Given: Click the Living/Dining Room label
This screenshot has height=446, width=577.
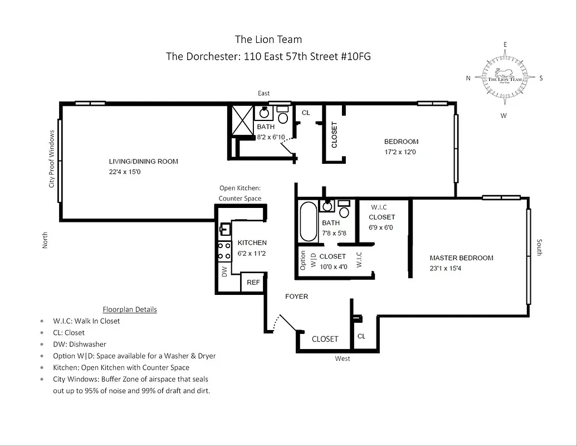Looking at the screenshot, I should tap(143, 162).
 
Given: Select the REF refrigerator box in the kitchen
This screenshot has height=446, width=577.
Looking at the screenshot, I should tap(253, 283).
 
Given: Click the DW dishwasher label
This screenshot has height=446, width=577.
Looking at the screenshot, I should tap(224, 272).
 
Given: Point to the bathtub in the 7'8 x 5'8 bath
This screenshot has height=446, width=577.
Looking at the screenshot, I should tap(307, 221).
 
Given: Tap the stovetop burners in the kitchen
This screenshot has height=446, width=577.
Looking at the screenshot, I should tap(224, 251).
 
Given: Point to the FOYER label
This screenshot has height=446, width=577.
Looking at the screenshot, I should tap(296, 297).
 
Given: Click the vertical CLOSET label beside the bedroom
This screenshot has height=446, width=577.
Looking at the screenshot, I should tap(334, 135).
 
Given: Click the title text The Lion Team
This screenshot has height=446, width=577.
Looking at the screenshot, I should tap(268, 39).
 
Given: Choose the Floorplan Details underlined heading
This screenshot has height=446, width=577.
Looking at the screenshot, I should tap(130, 309).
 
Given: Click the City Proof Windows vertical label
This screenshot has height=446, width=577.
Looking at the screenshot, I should tap(52, 159).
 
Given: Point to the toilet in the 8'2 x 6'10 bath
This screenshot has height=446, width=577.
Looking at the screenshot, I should tap(282, 118).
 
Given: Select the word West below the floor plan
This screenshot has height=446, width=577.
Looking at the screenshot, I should tap(343, 358).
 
